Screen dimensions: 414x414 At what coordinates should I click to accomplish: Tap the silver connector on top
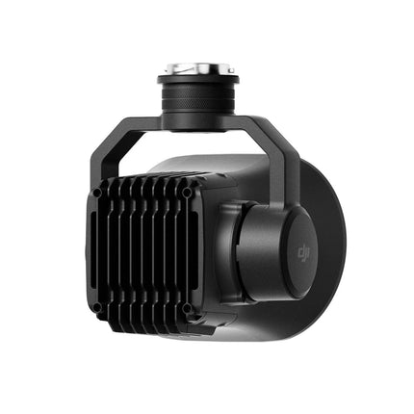click(198, 68)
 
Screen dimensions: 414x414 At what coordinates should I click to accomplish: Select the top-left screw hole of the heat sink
click(97, 193)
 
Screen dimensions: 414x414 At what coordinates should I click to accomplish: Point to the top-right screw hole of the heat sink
click(187, 193)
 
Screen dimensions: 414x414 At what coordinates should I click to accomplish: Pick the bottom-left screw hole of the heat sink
click(96, 308)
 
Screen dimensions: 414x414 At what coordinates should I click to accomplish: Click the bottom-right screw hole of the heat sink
click(187, 309)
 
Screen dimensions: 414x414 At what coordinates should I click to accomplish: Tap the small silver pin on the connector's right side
click(231, 70)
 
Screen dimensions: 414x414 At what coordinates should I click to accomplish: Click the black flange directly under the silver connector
click(198, 80)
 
